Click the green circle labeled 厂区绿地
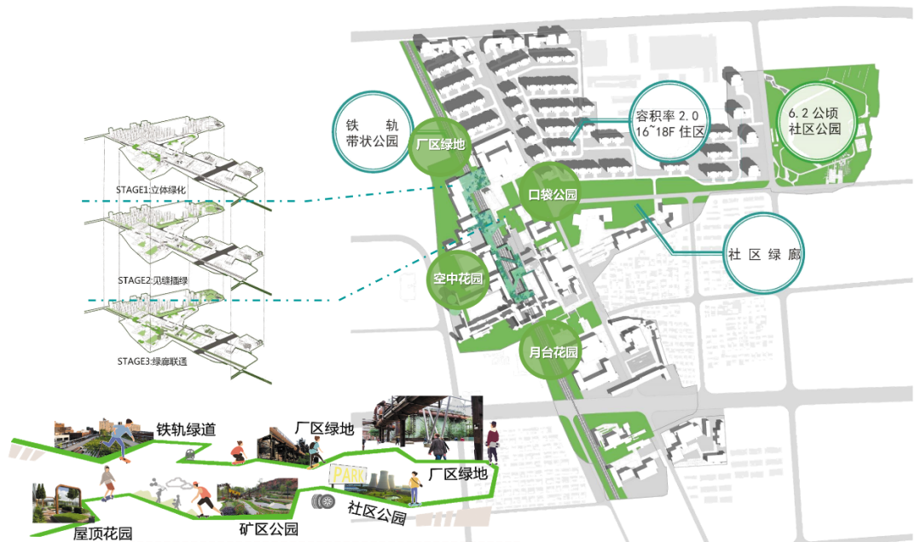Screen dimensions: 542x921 (439, 145)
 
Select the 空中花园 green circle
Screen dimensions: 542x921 (457, 279)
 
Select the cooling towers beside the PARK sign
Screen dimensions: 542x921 (382, 481)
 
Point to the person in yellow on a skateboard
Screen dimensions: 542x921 (414, 487)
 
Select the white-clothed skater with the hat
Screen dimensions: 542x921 (107, 484)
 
